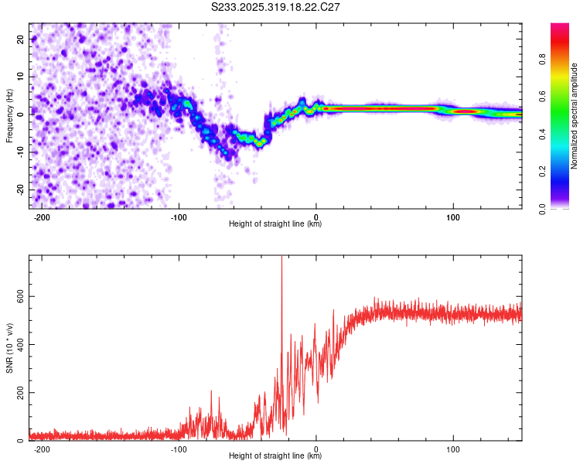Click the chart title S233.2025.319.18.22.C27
pos(276,8)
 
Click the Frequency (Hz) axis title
pos(9,115)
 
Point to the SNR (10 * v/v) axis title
pos(9,347)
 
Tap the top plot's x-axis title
pos(275,224)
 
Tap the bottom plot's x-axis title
pos(275,456)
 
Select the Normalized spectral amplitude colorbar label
pos(575,116)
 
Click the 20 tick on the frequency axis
pos(20,39)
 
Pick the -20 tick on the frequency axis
pos(19,189)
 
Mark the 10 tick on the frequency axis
pos(20,77)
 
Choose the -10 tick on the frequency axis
pos(19,152)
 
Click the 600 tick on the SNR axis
pos(17,296)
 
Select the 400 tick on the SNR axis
pos(17,344)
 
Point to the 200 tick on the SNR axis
pos(17,393)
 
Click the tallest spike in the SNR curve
pos(281,259)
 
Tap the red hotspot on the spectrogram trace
pos(465,111)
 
